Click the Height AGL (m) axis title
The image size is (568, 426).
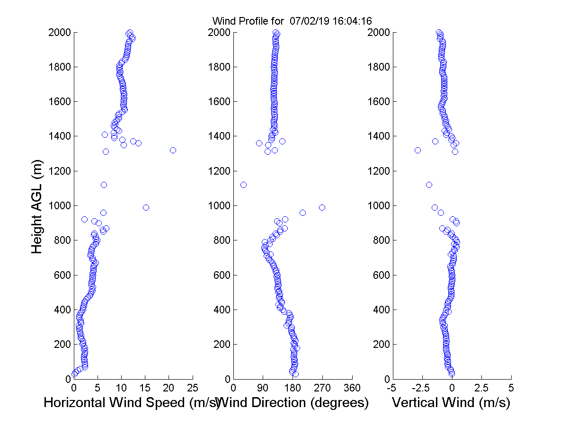(37, 206)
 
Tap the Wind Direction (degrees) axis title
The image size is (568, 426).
(293, 403)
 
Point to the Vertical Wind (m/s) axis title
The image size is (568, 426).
(451, 403)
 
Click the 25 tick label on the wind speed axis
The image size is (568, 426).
(192, 388)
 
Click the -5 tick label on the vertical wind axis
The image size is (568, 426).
(392, 388)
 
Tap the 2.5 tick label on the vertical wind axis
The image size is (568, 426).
(481, 388)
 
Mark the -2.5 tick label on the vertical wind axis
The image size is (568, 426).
(421, 388)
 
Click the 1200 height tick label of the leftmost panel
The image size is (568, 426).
(59, 171)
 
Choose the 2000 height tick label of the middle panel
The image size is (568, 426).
(219, 33)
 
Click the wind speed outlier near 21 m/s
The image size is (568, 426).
(173, 150)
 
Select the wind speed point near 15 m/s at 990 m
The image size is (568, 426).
(146, 207)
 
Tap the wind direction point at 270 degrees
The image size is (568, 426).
(322, 207)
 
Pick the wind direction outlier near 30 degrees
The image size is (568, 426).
(243, 185)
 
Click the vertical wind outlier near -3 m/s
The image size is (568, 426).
(417, 150)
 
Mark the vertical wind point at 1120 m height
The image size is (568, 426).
(429, 185)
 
